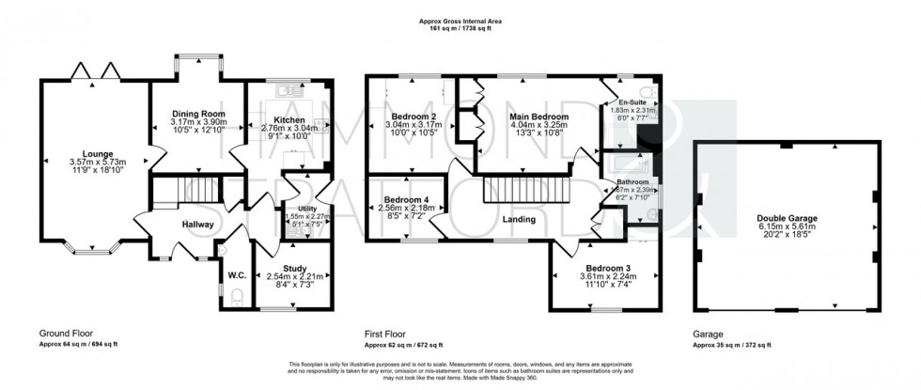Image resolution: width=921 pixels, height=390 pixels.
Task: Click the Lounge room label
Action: click(x=98, y=153)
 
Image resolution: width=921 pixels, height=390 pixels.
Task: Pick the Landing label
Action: click(x=519, y=219)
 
